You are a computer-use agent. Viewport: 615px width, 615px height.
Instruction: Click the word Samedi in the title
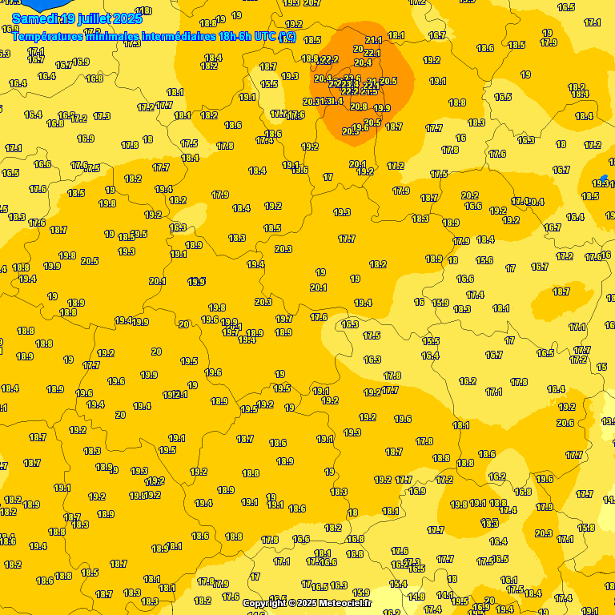click(x=37, y=18)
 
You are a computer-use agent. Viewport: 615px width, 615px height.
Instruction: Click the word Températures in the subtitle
click(x=50, y=36)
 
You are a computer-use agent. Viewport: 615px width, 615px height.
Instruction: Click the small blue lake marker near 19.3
click(x=604, y=178)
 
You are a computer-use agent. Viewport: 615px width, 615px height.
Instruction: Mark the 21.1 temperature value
click(x=373, y=40)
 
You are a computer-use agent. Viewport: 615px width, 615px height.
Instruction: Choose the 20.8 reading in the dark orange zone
click(x=359, y=107)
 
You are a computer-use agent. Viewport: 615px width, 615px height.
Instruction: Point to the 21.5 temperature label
click(x=368, y=91)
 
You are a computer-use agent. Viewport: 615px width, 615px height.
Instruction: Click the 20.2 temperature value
click(x=470, y=195)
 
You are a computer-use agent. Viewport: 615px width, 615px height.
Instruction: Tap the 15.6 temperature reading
click(x=484, y=260)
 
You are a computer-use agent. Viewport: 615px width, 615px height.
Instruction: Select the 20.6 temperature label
click(x=565, y=423)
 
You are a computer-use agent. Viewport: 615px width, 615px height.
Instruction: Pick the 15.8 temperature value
click(x=586, y=528)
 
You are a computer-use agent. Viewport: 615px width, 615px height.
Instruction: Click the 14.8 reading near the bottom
click(x=416, y=597)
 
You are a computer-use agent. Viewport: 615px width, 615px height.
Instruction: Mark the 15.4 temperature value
click(x=398, y=584)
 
